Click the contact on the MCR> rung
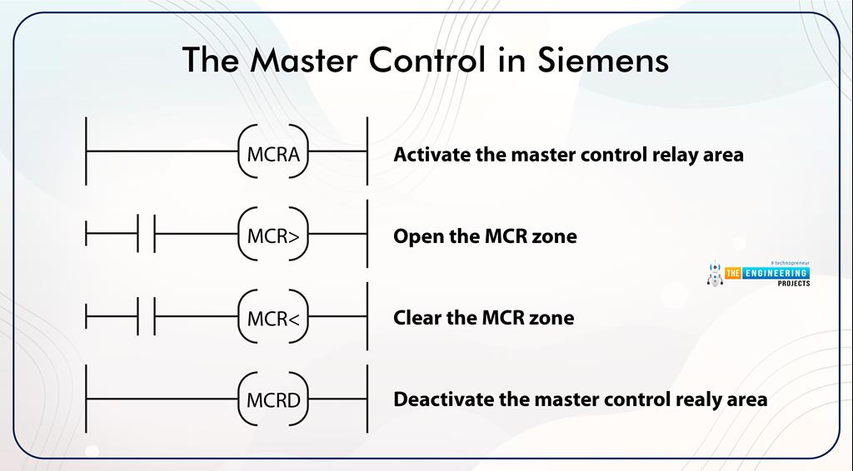(146, 236)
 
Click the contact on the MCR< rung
(146, 318)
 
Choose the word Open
(417, 237)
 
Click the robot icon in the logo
(714, 275)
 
